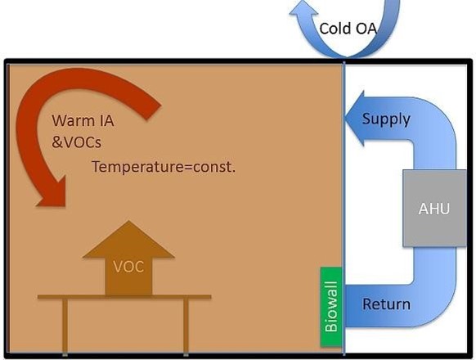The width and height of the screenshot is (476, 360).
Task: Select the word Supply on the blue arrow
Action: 386,119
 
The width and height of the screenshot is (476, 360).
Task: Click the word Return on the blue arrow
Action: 386,304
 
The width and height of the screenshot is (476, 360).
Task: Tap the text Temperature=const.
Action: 163,167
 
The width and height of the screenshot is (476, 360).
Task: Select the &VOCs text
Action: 76,141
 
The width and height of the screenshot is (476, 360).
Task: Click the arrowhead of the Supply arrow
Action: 354,119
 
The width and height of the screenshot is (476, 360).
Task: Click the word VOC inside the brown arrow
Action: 128,267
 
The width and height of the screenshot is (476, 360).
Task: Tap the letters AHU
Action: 434,209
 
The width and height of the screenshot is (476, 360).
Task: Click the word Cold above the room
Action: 335,29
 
